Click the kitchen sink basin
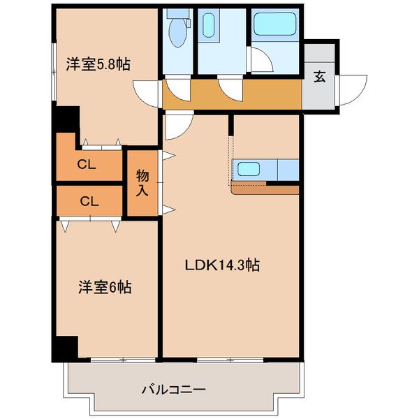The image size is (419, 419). (x=249, y=168)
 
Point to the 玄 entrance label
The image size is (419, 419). (x=319, y=77)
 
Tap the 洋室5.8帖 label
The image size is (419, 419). (x=98, y=64)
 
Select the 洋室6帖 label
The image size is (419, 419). (x=105, y=286)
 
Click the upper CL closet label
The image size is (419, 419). (x=87, y=166)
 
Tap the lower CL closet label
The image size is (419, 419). (x=88, y=201)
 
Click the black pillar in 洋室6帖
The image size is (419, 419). (x=66, y=347)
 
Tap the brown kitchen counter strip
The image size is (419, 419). (x=265, y=189)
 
